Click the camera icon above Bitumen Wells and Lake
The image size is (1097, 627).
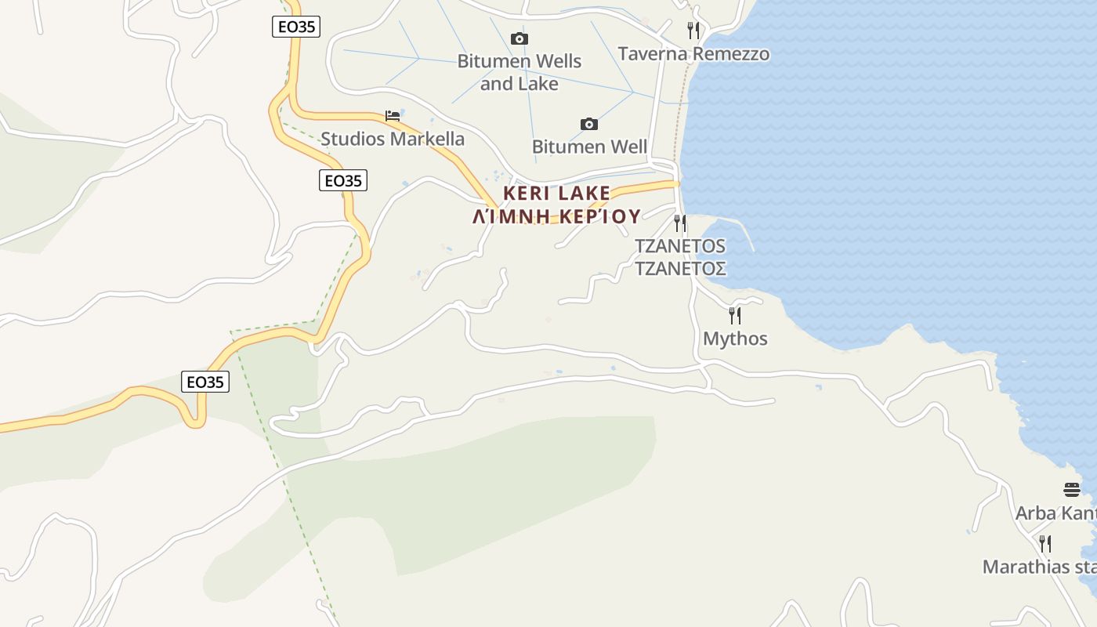(519, 38)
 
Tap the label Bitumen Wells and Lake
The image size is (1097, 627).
(519, 72)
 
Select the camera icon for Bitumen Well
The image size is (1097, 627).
(589, 124)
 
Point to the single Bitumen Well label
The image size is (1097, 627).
(589, 147)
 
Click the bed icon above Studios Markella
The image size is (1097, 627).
(393, 116)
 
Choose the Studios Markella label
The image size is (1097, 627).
(393, 139)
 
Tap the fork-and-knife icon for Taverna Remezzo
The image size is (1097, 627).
(693, 31)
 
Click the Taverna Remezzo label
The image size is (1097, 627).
(693, 54)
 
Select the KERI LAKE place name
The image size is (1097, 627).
(556, 193)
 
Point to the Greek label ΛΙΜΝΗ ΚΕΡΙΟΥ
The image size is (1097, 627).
(556, 216)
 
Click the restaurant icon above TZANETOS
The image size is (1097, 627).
(680, 223)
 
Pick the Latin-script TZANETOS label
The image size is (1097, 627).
(680, 246)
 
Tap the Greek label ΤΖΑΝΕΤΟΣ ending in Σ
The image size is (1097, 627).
(680, 268)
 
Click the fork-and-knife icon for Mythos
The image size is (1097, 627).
(735, 316)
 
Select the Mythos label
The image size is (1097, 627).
(735, 339)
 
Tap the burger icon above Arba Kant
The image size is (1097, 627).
(1072, 490)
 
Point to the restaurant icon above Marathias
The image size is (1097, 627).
(1045, 543)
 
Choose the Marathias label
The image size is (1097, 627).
(1039, 567)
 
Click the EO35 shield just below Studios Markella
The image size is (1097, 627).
(343, 180)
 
